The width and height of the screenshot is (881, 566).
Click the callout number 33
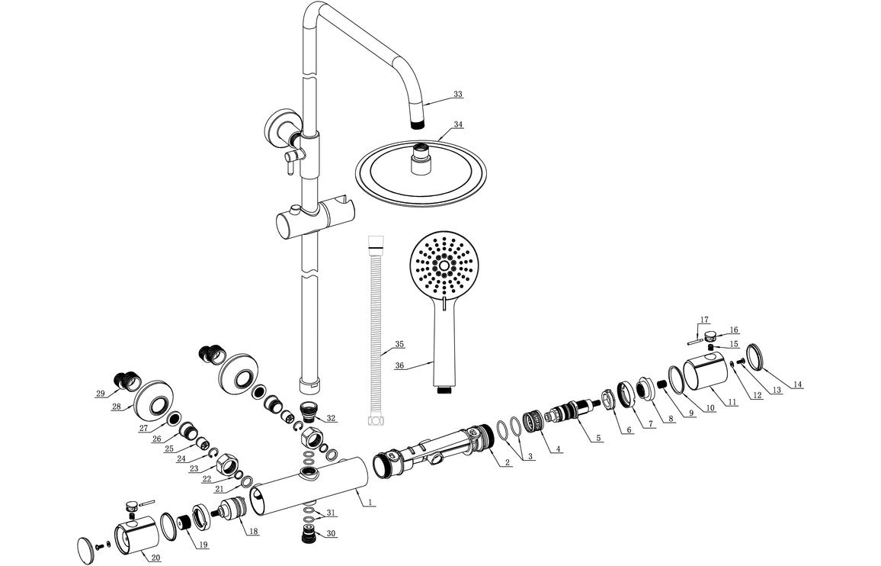[x=457, y=95]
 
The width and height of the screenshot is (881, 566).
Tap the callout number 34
[x=457, y=124]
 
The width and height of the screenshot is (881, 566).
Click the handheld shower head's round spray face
[x=446, y=267]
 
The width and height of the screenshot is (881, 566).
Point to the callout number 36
[x=399, y=365]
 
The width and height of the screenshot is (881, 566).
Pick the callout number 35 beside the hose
[x=399, y=344]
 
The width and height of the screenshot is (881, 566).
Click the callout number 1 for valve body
[x=370, y=502]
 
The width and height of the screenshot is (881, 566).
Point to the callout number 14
[x=796, y=384]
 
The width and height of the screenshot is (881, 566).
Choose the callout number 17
[x=704, y=320]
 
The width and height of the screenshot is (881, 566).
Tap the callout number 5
[x=598, y=438]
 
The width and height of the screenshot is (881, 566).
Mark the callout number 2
[x=506, y=463]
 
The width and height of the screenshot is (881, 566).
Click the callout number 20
[x=155, y=558]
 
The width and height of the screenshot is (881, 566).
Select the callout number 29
[x=101, y=394]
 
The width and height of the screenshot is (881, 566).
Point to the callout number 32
[x=331, y=418]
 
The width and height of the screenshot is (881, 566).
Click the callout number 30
[x=331, y=533]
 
